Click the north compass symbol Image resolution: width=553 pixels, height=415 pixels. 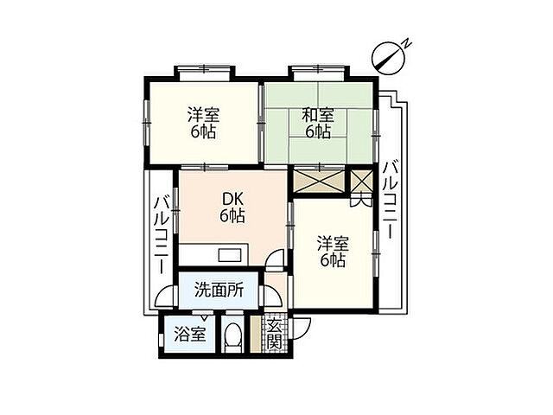coord(388,57)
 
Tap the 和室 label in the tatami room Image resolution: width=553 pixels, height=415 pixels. coord(318,115)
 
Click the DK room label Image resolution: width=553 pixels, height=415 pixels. coord(232,200)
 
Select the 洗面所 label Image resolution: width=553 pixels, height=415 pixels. coord(219,290)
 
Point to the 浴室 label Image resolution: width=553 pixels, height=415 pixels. coord(190,335)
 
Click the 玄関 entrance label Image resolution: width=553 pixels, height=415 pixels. coord(274,334)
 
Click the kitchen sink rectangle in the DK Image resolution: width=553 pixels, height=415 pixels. coord(231,255)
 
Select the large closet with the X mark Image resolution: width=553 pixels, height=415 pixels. coord(319,182)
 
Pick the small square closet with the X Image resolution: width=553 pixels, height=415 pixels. coord(362,181)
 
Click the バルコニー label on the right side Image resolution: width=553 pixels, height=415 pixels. coord(391,200)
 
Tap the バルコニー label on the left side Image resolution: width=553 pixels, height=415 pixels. coord(162,234)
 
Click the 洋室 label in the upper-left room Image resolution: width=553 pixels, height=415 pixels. coord(204,115)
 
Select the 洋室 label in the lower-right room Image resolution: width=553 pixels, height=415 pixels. coord(333,244)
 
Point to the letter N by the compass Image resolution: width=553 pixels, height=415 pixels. coord(406,43)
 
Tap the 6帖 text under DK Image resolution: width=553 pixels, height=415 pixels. coord(232,216)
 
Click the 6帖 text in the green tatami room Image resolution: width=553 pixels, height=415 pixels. coord(318,131)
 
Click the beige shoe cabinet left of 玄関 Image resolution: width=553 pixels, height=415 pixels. coord(255,335)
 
